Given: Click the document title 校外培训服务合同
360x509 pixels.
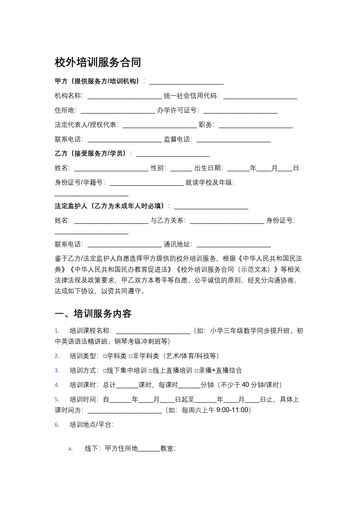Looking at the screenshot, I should click(98, 62).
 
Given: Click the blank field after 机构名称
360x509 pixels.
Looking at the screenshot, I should click(124, 96).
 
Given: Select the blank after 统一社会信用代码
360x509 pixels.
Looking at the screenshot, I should click(260, 96).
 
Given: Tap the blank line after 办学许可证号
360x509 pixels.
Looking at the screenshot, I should click(240, 111).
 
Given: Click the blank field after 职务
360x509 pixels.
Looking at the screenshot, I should click(256, 125).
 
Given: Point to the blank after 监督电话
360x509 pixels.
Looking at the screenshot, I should click(234, 140).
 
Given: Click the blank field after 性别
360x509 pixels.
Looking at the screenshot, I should click(181, 169).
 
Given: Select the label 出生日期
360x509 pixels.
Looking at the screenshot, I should click(208, 168).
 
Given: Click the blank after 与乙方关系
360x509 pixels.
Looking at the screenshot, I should click(227, 221).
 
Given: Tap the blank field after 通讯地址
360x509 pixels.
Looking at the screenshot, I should click(234, 245).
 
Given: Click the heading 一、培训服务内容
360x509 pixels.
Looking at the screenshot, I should click(93, 314).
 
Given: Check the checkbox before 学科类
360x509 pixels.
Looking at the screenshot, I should click(105, 356).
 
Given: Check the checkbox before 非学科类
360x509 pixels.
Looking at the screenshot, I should click(131, 356).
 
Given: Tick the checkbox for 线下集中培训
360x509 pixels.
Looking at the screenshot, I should click(105, 371).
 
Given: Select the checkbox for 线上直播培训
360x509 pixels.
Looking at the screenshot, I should click(151, 371).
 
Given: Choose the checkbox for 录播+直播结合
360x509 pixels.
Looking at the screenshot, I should click(196, 371).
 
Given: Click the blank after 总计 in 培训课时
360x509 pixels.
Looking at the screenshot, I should click(127, 385).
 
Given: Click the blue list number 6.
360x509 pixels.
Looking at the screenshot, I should click(57, 425).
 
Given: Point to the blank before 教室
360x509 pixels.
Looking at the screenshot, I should click(149, 449).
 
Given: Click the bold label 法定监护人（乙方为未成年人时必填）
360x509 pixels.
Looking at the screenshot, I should click(109, 206).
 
